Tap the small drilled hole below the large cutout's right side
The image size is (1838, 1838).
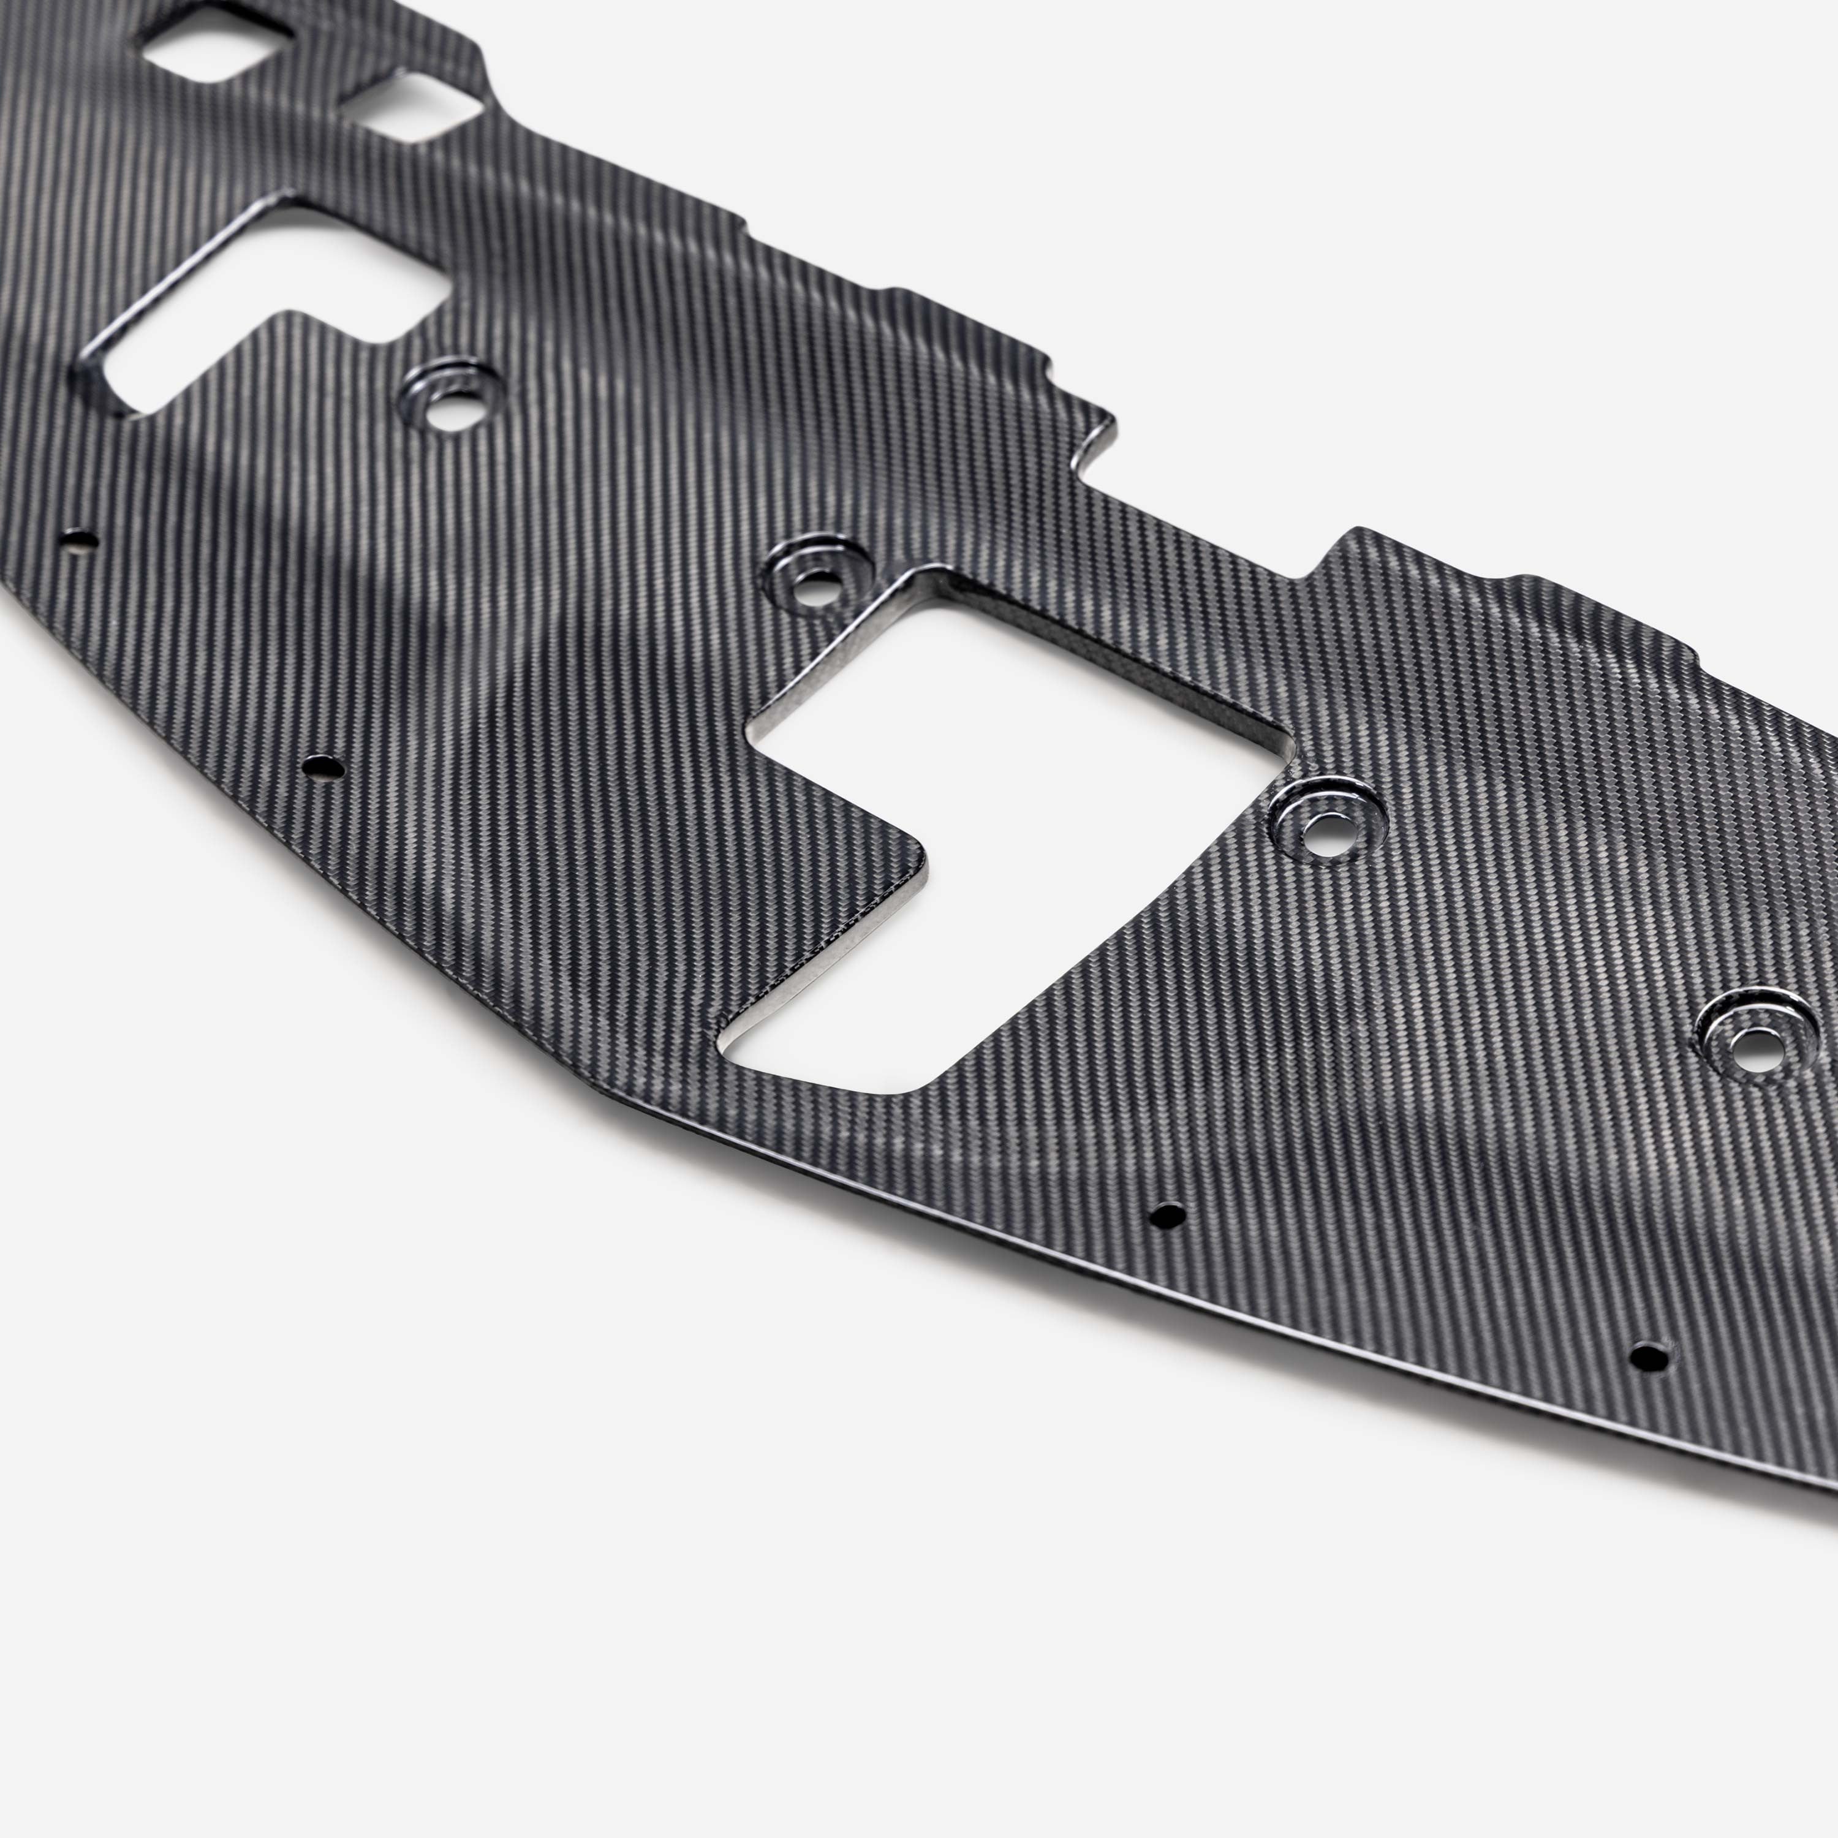click(x=1167, y=1216)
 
